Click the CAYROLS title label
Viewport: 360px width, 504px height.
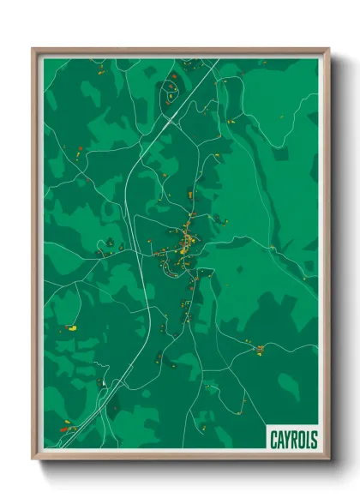click(x=293, y=440)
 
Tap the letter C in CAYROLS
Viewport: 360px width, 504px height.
click(x=274, y=440)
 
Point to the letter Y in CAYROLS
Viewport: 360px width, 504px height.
click(x=287, y=440)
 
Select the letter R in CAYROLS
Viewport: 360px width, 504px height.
click(x=294, y=440)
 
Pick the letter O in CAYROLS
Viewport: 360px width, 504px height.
click(x=301, y=440)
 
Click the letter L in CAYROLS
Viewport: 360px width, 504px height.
click(x=308, y=440)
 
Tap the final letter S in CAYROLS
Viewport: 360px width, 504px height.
click(x=314, y=440)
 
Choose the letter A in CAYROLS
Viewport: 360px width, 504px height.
click(x=280, y=440)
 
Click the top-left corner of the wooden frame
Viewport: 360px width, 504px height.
click(x=33, y=49)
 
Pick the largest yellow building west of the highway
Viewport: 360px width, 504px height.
click(x=73, y=327)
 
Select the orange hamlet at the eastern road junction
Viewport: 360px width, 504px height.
click(x=260, y=347)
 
